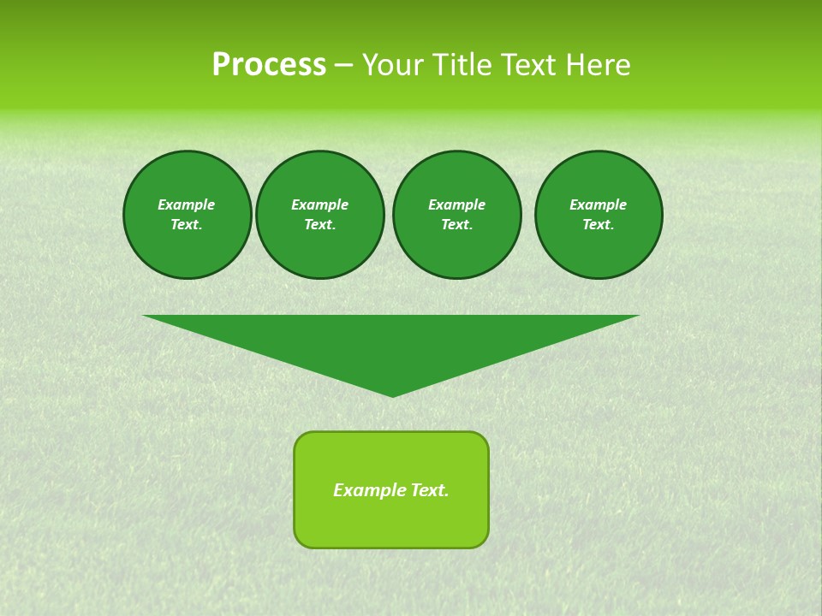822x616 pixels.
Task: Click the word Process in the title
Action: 269,65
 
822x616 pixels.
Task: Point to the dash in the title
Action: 343,66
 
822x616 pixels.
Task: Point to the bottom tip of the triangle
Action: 392,394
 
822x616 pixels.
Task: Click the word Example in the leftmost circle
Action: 187,204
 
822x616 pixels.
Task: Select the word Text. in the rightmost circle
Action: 599,224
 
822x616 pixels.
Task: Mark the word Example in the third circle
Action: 456,204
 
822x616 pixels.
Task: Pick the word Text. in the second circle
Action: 319,224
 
